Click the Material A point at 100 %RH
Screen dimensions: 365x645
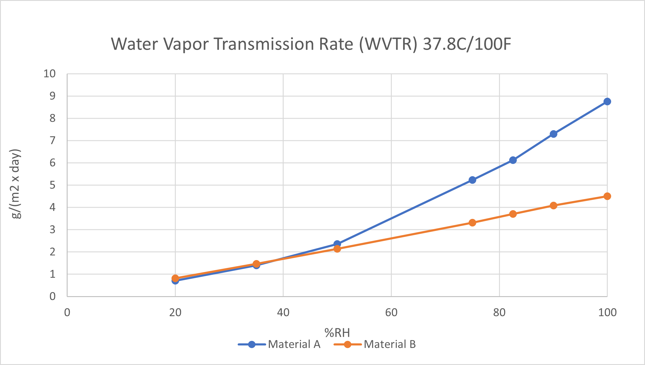coord(607,102)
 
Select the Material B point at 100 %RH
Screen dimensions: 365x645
coord(607,196)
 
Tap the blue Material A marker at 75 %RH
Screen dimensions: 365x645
coord(472,180)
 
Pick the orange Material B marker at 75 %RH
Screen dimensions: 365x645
coord(472,223)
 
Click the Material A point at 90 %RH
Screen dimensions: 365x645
coord(553,134)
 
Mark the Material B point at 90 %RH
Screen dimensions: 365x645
coord(553,206)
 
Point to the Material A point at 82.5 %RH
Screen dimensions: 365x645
coord(513,160)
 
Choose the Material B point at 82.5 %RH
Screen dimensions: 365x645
coord(513,214)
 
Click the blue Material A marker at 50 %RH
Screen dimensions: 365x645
coord(337,244)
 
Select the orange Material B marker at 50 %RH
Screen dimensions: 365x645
coord(337,249)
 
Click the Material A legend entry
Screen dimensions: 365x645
coord(279,345)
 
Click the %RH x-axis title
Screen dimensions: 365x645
coord(337,333)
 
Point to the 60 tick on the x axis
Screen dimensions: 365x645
coord(391,313)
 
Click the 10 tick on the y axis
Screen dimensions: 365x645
coord(50,74)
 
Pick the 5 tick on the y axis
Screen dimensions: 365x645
coord(53,185)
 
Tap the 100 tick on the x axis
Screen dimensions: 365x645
coord(607,313)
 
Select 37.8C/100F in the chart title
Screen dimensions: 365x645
coord(467,44)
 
